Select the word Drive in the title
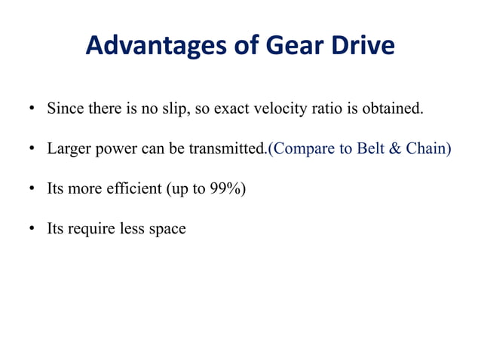click(364, 46)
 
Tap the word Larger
click(69, 148)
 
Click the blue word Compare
click(300, 148)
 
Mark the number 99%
click(225, 188)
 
